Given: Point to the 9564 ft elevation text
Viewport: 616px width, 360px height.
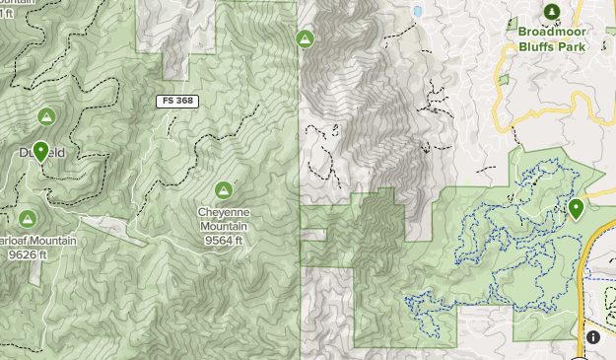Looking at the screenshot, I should (x=224, y=240).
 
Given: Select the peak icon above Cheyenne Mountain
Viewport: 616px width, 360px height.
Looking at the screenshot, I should (x=224, y=189).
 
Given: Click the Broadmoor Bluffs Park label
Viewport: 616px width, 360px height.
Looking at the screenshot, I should (x=552, y=38).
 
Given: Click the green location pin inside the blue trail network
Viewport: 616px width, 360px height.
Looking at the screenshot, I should (x=575, y=208).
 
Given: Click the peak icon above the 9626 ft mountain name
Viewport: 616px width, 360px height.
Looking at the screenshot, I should (x=27, y=218).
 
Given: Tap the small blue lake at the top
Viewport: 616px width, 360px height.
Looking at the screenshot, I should (x=417, y=11).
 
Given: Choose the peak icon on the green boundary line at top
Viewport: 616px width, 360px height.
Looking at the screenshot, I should (x=305, y=38).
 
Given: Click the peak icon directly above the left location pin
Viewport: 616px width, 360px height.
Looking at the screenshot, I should (x=45, y=116).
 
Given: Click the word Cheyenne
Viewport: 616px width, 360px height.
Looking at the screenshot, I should (x=223, y=211).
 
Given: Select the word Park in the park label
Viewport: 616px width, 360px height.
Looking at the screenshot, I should (x=572, y=45).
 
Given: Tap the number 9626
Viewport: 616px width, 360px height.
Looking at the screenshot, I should (x=18, y=254).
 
